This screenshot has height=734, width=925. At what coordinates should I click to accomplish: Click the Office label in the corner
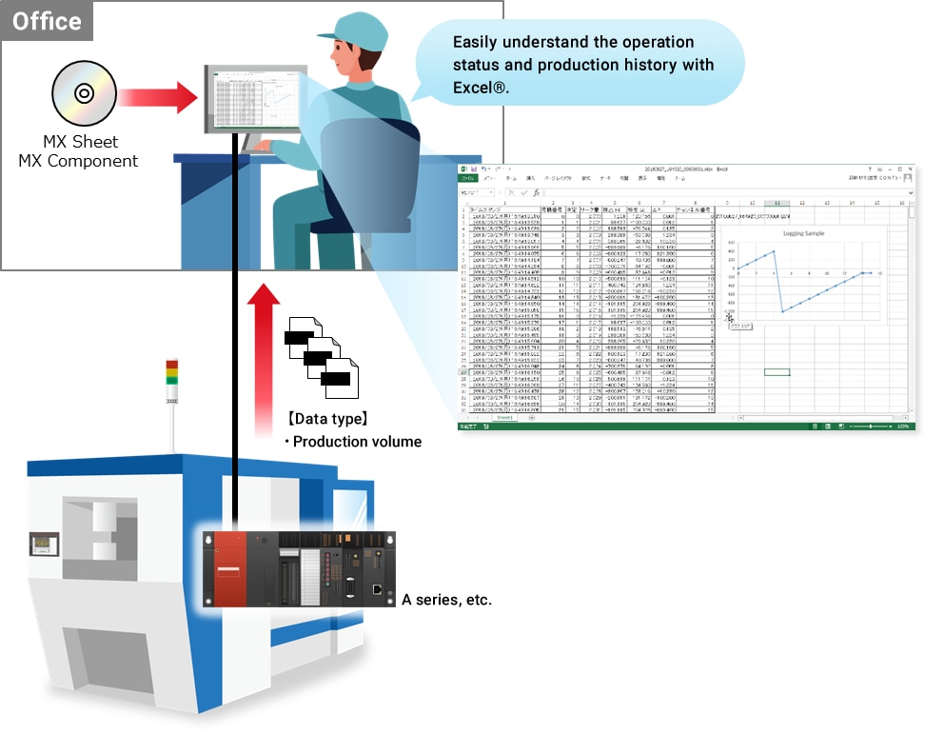(47, 21)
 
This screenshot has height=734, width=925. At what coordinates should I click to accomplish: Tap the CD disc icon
(84, 93)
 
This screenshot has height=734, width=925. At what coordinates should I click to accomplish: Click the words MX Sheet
(81, 142)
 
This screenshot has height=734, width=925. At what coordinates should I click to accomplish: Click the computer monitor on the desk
(252, 99)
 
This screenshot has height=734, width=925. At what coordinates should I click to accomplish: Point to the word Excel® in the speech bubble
(482, 87)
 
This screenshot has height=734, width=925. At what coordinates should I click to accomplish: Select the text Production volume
(357, 441)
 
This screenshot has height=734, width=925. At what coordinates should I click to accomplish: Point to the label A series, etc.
(446, 600)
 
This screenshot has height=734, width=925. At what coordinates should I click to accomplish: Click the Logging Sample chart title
(803, 233)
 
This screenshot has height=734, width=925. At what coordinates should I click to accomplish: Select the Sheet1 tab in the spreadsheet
(503, 417)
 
